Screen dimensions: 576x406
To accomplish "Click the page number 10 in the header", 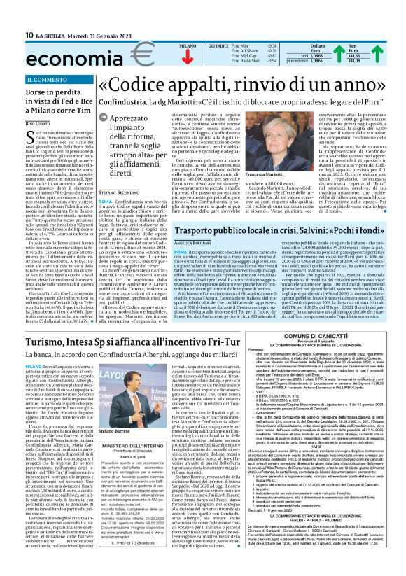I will pyautogui.click(x=10, y=35).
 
